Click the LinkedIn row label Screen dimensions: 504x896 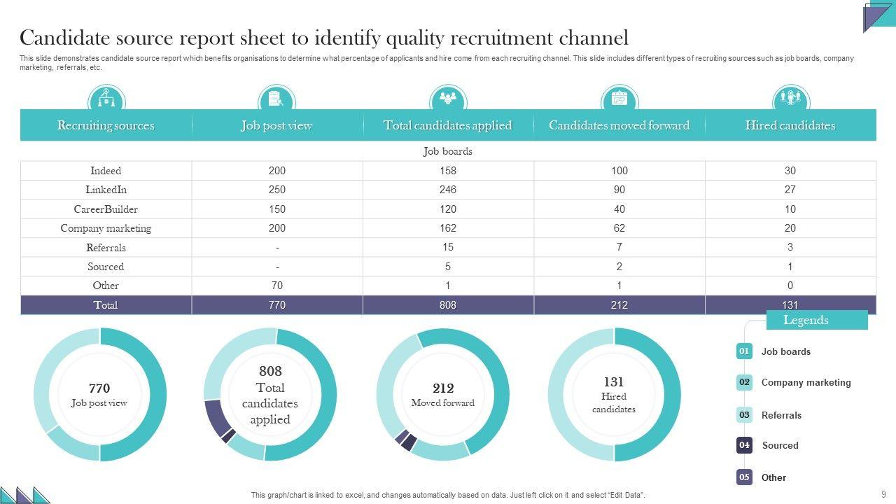click(106, 190)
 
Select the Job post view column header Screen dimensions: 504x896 click(276, 126)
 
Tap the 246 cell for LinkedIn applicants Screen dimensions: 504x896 click(448, 190)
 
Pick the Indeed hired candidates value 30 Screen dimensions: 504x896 click(790, 171)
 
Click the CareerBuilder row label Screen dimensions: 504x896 click(106, 209)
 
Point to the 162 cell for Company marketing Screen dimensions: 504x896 click(448, 228)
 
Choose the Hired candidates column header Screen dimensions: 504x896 click(790, 126)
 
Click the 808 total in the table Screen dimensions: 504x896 click(448, 305)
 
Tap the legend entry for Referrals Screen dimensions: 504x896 click(781, 415)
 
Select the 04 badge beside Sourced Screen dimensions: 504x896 click(744, 445)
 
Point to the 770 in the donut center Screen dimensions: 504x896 click(99, 388)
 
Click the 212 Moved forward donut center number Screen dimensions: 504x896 click(443, 388)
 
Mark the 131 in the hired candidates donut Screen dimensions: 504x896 click(614, 382)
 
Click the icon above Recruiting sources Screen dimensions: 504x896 click(106, 99)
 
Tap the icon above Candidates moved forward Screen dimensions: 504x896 click(619, 99)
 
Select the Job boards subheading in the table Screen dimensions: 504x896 click(448, 151)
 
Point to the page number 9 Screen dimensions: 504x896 click(883, 493)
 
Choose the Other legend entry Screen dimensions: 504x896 click(773, 477)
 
